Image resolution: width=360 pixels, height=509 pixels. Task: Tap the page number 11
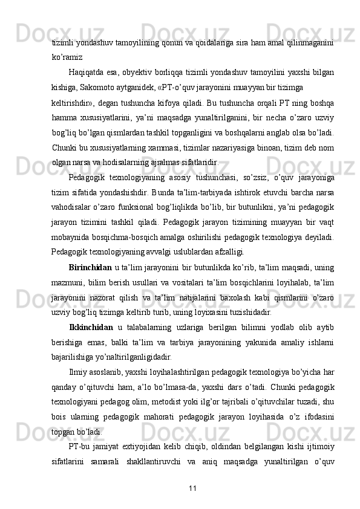[192, 487]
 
